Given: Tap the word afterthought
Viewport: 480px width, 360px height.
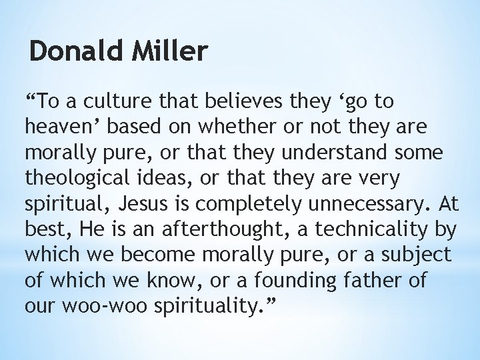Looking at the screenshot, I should click(x=221, y=229).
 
